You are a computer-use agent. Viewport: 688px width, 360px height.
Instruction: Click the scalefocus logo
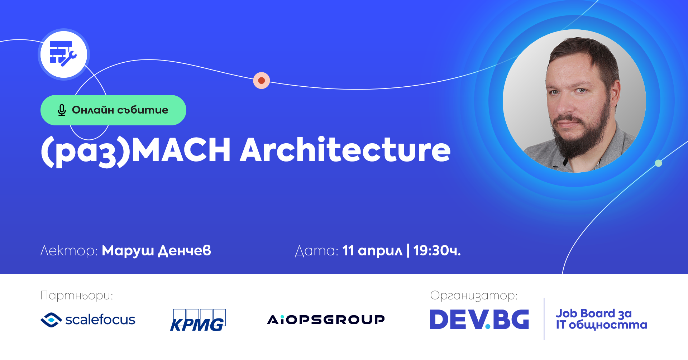tap(88, 320)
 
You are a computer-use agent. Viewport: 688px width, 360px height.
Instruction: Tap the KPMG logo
tap(198, 320)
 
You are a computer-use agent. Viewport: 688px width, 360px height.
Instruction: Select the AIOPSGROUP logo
tap(326, 320)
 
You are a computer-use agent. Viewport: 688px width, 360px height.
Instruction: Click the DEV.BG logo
tap(479, 319)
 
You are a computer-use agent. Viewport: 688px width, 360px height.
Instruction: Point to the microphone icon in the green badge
tap(62, 110)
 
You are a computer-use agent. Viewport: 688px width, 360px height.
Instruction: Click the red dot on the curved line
tap(262, 80)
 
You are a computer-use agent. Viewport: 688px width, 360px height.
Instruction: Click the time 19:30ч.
tap(437, 251)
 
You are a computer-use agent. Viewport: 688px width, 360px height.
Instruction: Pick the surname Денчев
tap(185, 251)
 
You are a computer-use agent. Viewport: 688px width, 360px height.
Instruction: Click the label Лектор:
tap(69, 251)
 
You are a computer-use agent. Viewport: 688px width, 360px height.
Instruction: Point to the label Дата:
tap(316, 251)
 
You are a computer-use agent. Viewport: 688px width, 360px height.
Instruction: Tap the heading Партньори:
tap(77, 296)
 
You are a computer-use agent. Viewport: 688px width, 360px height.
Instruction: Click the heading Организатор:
tap(474, 296)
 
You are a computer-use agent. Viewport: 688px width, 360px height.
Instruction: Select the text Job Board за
tap(593, 314)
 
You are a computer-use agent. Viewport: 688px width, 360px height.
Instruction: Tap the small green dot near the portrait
tap(658, 163)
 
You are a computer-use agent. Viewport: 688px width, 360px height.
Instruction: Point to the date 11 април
tap(372, 251)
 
